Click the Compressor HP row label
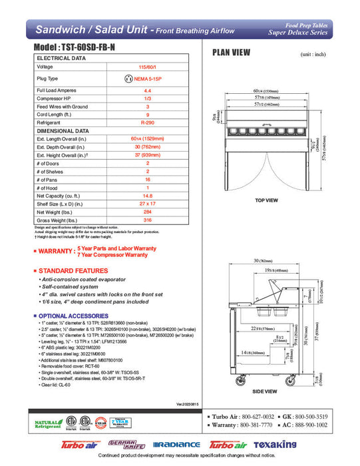click(x=54, y=98)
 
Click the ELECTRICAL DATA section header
click(x=61, y=59)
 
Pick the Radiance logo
click(x=176, y=445)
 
